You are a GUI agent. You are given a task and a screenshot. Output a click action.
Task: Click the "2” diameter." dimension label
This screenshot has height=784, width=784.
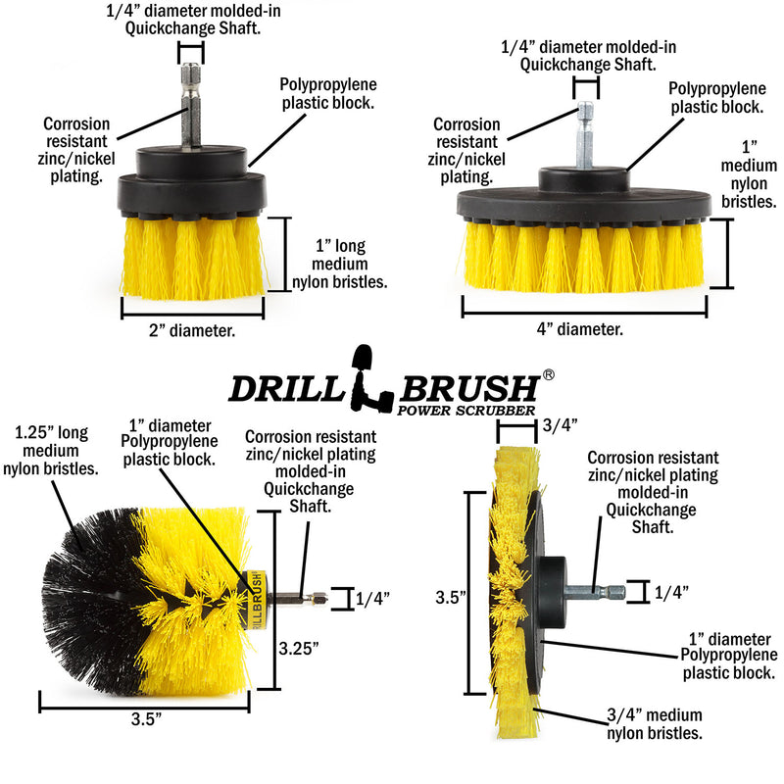coord(192,330)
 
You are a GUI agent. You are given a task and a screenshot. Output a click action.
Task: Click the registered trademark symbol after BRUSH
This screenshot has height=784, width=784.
coord(549,375)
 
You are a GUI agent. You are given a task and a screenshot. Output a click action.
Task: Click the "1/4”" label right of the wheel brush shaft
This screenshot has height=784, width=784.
coord(671,592)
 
